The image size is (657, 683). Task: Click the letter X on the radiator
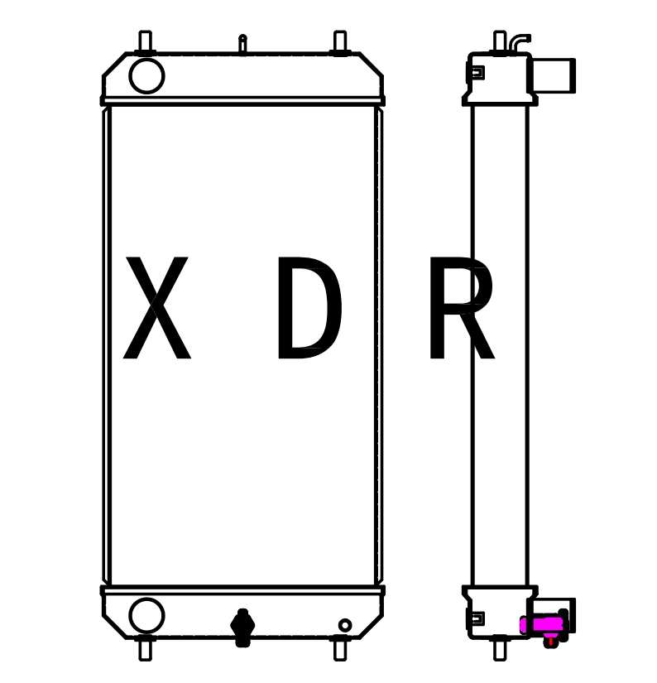click(156, 310)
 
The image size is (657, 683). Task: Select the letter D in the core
click(308, 310)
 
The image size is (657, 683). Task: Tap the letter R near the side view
click(459, 310)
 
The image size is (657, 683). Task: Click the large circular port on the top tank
click(146, 76)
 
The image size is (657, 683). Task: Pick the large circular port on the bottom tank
click(146, 615)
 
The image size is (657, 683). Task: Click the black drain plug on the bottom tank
click(242, 628)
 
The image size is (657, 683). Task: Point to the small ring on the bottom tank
click(345, 625)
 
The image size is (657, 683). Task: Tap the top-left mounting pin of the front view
click(145, 41)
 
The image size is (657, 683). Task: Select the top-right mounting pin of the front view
click(340, 41)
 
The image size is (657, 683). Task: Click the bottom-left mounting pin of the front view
click(145, 650)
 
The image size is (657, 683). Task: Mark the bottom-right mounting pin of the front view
click(340, 650)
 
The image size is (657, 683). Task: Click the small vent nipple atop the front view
click(242, 42)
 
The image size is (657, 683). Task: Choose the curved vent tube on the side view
click(518, 41)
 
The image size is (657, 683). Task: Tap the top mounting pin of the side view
click(500, 41)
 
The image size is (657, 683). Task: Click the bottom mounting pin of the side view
click(500, 650)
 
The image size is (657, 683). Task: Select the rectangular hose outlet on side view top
click(553, 75)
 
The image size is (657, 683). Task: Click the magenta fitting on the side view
click(543, 624)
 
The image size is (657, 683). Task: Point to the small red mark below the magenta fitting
click(550, 641)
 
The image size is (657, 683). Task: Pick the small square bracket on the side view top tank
click(476, 73)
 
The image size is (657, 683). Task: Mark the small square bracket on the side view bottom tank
click(476, 618)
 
